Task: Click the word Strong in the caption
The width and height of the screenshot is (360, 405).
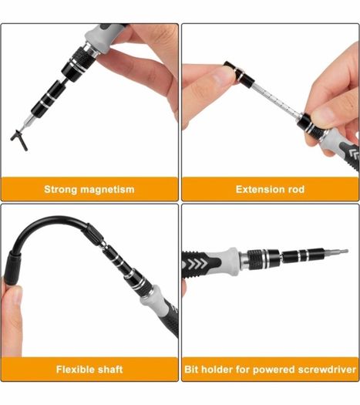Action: point(61,190)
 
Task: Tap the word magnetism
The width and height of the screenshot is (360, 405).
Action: point(107,190)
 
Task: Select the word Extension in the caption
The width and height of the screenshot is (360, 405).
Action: point(260,189)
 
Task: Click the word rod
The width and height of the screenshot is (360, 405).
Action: point(296,189)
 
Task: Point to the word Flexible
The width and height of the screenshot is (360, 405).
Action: point(73,370)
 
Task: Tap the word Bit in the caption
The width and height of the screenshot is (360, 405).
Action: point(191,370)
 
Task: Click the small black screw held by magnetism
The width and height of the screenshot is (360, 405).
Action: point(19,140)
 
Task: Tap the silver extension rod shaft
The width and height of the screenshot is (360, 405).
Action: point(277,100)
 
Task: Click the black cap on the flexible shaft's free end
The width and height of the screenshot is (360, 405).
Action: point(13,268)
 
